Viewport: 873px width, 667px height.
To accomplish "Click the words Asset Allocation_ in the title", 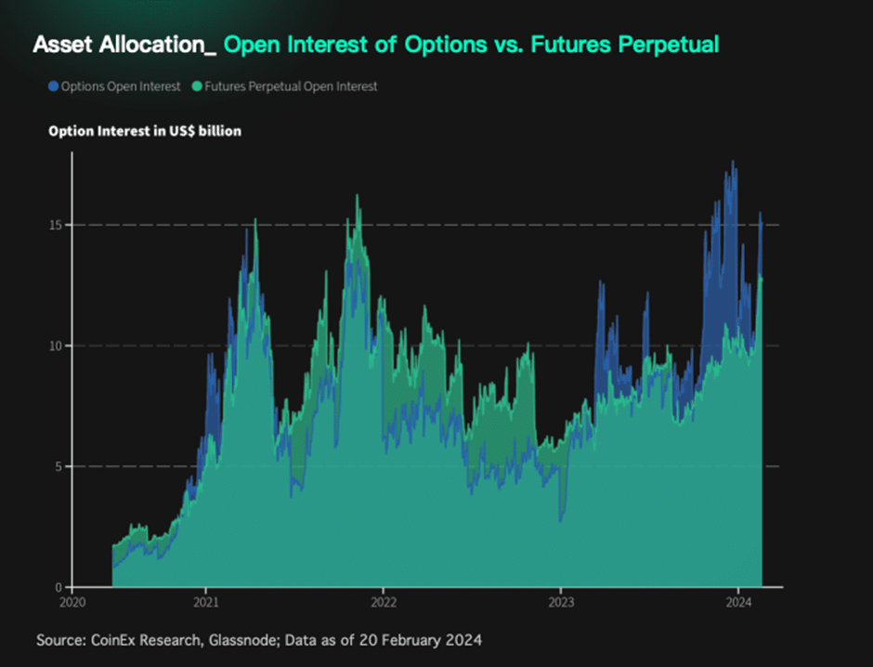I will pos(124,45).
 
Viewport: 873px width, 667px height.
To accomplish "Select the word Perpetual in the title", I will pos(670,45).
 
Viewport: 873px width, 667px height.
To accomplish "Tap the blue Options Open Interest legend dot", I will pos(53,86).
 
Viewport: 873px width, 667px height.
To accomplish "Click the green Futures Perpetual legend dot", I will pos(198,86).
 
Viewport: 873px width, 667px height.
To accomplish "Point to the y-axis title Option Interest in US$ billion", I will pos(145,131).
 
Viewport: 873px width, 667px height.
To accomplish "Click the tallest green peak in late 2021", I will pos(358,197).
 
